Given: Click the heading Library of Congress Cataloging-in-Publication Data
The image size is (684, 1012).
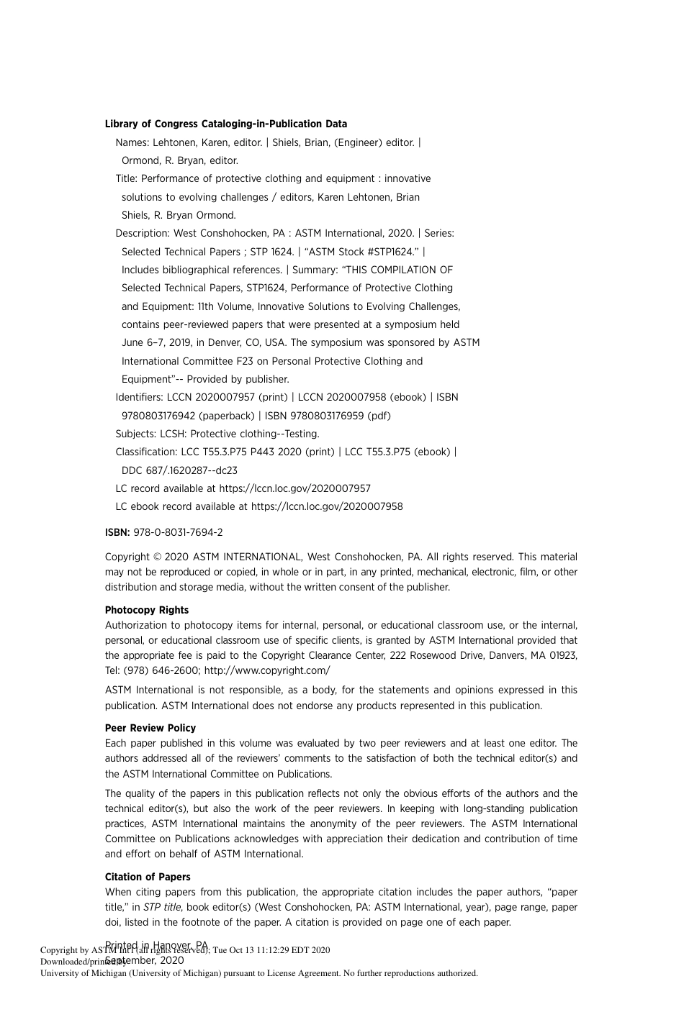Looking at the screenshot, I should click(225, 124).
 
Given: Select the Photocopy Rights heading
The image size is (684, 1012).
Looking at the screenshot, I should click(147, 610).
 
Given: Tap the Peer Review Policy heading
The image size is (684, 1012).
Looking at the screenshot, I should click(150, 728).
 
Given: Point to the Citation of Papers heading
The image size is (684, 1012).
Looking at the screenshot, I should click(148, 877).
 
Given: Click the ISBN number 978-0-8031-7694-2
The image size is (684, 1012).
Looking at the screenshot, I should click(178, 532).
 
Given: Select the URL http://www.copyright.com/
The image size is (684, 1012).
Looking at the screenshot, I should click(267, 670).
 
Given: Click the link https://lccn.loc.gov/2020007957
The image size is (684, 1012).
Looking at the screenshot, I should click(295, 488).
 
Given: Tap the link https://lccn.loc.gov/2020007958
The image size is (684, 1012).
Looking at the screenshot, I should click(327, 506).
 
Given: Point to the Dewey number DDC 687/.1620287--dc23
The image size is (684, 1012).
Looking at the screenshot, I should click(179, 470).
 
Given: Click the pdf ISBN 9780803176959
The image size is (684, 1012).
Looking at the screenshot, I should click(327, 416).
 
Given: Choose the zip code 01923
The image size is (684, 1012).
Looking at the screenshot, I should click(563, 655).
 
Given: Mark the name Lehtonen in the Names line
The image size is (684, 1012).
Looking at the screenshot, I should click(175, 142).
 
